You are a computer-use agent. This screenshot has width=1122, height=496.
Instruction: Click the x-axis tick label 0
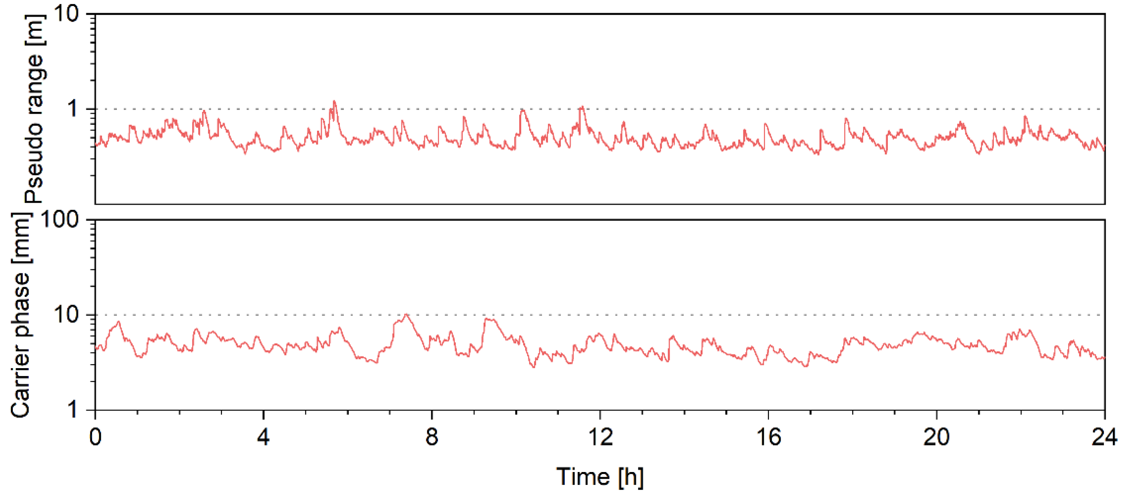(95, 436)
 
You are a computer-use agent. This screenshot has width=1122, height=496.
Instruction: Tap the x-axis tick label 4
(263, 436)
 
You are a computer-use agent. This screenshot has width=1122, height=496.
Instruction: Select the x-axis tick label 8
(432, 436)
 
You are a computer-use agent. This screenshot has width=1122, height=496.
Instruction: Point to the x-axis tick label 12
(600, 436)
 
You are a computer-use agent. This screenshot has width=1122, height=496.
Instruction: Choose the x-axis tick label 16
(768, 436)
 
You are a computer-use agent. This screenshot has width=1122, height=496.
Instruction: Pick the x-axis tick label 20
(936, 436)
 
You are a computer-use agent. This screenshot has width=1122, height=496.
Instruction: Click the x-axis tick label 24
(1104, 436)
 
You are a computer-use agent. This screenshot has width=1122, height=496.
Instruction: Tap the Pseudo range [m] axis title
(34, 109)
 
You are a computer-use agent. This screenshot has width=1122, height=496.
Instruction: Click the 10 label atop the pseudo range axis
(66, 14)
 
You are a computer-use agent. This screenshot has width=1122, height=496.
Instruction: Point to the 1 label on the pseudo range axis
(73, 109)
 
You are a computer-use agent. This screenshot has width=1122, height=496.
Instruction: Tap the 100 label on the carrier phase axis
(60, 220)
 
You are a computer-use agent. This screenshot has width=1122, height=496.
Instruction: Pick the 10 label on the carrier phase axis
(66, 315)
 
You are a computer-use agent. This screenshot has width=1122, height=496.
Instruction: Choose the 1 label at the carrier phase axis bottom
(73, 409)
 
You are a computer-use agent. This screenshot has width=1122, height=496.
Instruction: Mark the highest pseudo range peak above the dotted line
(334, 102)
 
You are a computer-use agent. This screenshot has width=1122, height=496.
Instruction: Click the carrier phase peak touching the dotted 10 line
(406, 315)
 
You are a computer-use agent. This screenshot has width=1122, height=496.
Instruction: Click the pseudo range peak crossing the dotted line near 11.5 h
(582, 107)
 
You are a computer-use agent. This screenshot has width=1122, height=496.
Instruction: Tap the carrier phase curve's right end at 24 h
(1104, 358)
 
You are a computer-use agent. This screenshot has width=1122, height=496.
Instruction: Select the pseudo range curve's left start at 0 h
(96, 145)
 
